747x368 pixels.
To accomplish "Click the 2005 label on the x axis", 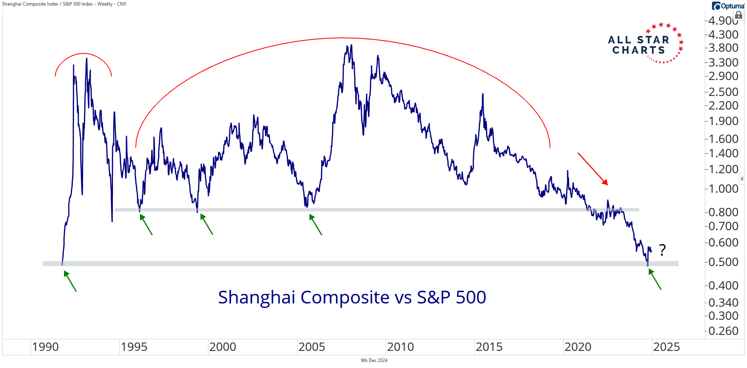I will click(x=311, y=347).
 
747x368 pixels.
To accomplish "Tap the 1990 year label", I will click(x=45, y=347).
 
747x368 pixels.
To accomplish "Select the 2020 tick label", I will click(x=578, y=347).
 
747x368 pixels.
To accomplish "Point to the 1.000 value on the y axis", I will click(x=724, y=189).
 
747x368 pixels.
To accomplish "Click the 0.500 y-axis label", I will click(x=724, y=262).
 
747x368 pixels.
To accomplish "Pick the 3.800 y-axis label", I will click(x=724, y=48).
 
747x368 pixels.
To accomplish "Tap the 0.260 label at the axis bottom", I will click(x=724, y=331).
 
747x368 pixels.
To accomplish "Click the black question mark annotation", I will click(x=662, y=250).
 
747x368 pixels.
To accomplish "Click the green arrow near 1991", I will click(x=70, y=281).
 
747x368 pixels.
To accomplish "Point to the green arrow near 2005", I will click(x=315, y=225).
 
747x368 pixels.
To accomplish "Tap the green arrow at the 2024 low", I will click(x=655, y=279).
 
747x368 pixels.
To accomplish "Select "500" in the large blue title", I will click(x=471, y=298).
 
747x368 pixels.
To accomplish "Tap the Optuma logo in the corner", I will click(x=728, y=6).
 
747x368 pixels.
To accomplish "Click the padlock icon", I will click(x=739, y=16).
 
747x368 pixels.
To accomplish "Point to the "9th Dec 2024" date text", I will click(x=374, y=360).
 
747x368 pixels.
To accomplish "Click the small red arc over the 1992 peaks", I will click(x=83, y=53).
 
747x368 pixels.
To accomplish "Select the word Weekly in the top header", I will click(x=105, y=4).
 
